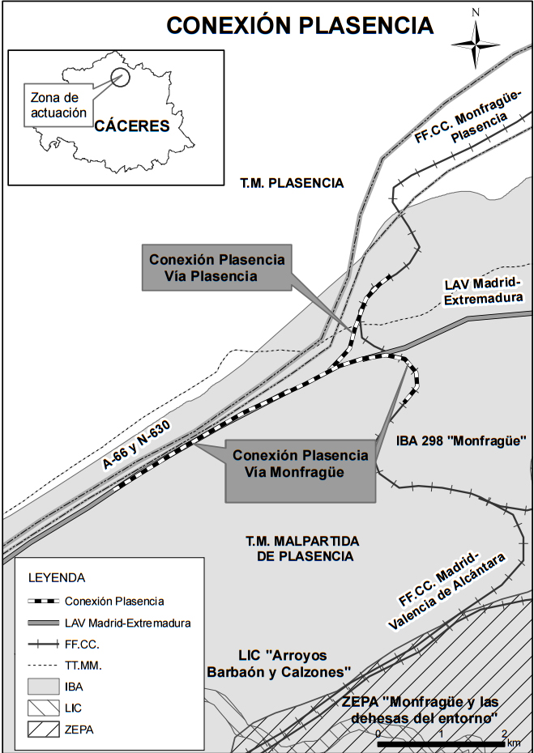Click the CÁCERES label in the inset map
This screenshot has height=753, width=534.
pyautogui.click(x=131, y=126)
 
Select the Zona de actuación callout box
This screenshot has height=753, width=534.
pyautogui.click(x=58, y=104)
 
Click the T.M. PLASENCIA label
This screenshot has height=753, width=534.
pyautogui.click(x=292, y=183)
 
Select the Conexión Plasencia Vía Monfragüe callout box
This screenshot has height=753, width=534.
pyautogui.click(x=300, y=464)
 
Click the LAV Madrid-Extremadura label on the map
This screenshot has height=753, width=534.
pyautogui.click(x=485, y=291)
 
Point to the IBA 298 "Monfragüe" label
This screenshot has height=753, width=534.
pyautogui.click(x=462, y=441)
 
